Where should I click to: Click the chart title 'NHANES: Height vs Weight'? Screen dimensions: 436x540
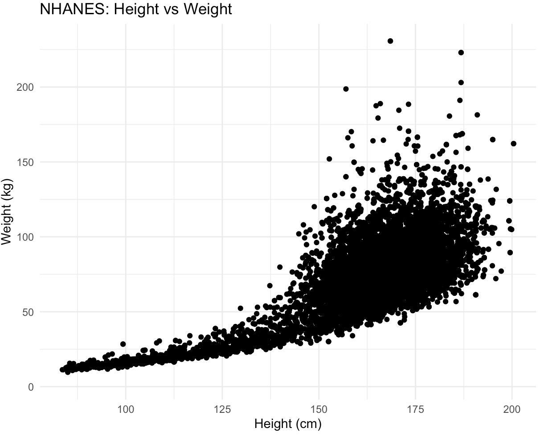(x=135, y=9)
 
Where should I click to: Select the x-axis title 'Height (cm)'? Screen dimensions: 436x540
(x=287, y=424)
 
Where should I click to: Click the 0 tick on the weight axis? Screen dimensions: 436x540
(x=30, y=387)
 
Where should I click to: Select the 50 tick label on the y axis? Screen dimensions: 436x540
(x=28, y=312)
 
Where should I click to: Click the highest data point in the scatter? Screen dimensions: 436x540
(x=390, y=41)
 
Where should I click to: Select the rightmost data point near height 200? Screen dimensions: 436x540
(x=513, y=144)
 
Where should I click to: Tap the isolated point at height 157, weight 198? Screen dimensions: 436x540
(x=346, y=89)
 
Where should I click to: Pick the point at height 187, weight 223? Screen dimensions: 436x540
(x=461, y=52)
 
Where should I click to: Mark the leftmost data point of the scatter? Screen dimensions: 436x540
(x=62, y=370)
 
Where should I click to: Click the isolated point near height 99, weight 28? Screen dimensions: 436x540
(x=123, y=344)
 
